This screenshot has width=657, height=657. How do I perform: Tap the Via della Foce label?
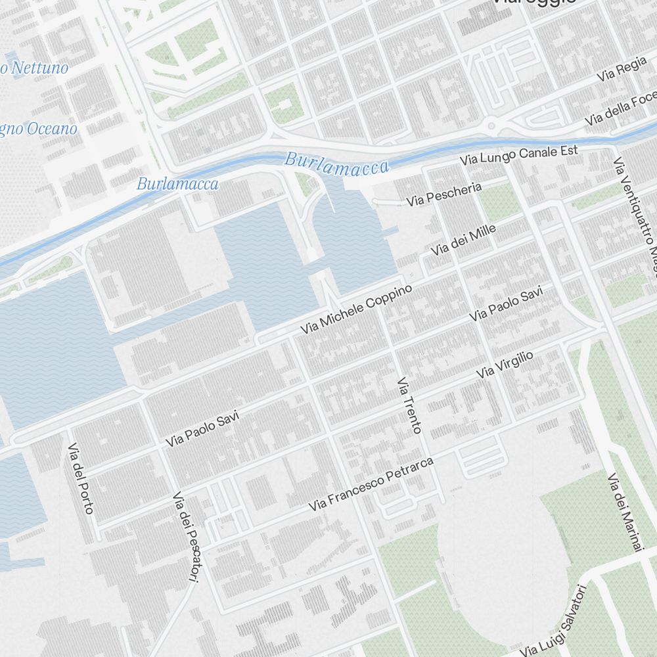click(x=620, y=111)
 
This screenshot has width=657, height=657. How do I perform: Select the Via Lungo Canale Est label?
click(x=518, y=155)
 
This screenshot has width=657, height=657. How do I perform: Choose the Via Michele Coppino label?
click(x=356, y=309)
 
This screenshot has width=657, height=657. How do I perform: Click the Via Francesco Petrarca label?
click(x=372, y=485)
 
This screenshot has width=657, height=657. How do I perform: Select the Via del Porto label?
click(x=81, y=478)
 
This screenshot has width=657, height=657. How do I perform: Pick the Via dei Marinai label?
click(x=623, y=512)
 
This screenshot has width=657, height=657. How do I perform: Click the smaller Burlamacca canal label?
click(x=177, y=184)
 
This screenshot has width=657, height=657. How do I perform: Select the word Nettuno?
click(x=39, y=68)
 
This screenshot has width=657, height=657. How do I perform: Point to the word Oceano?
click(x=49, y=129)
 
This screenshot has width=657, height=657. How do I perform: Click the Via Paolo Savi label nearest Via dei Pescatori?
click(x=202, y=429)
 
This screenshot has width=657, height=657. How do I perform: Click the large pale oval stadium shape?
click(x=503, y=565)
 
